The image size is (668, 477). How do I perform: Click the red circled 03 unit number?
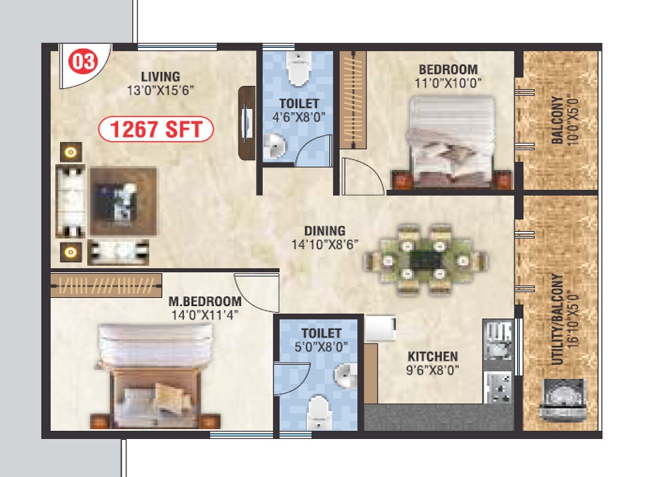point(83,62)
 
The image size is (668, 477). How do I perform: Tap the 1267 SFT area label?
point(156,130)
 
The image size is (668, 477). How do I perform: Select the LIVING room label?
point(160,76)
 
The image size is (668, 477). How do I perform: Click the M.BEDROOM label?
point(205,301)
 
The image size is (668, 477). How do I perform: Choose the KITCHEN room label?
point(432,356)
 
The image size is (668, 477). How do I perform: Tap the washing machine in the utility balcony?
point(562,400)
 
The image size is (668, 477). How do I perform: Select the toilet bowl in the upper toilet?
point(298,69)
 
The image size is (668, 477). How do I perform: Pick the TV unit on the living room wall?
point(247,123)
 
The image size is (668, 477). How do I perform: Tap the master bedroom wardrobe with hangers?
point(106,285)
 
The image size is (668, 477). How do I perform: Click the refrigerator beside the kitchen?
point(380,328)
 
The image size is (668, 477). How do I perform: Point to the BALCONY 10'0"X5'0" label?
point(564,120)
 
